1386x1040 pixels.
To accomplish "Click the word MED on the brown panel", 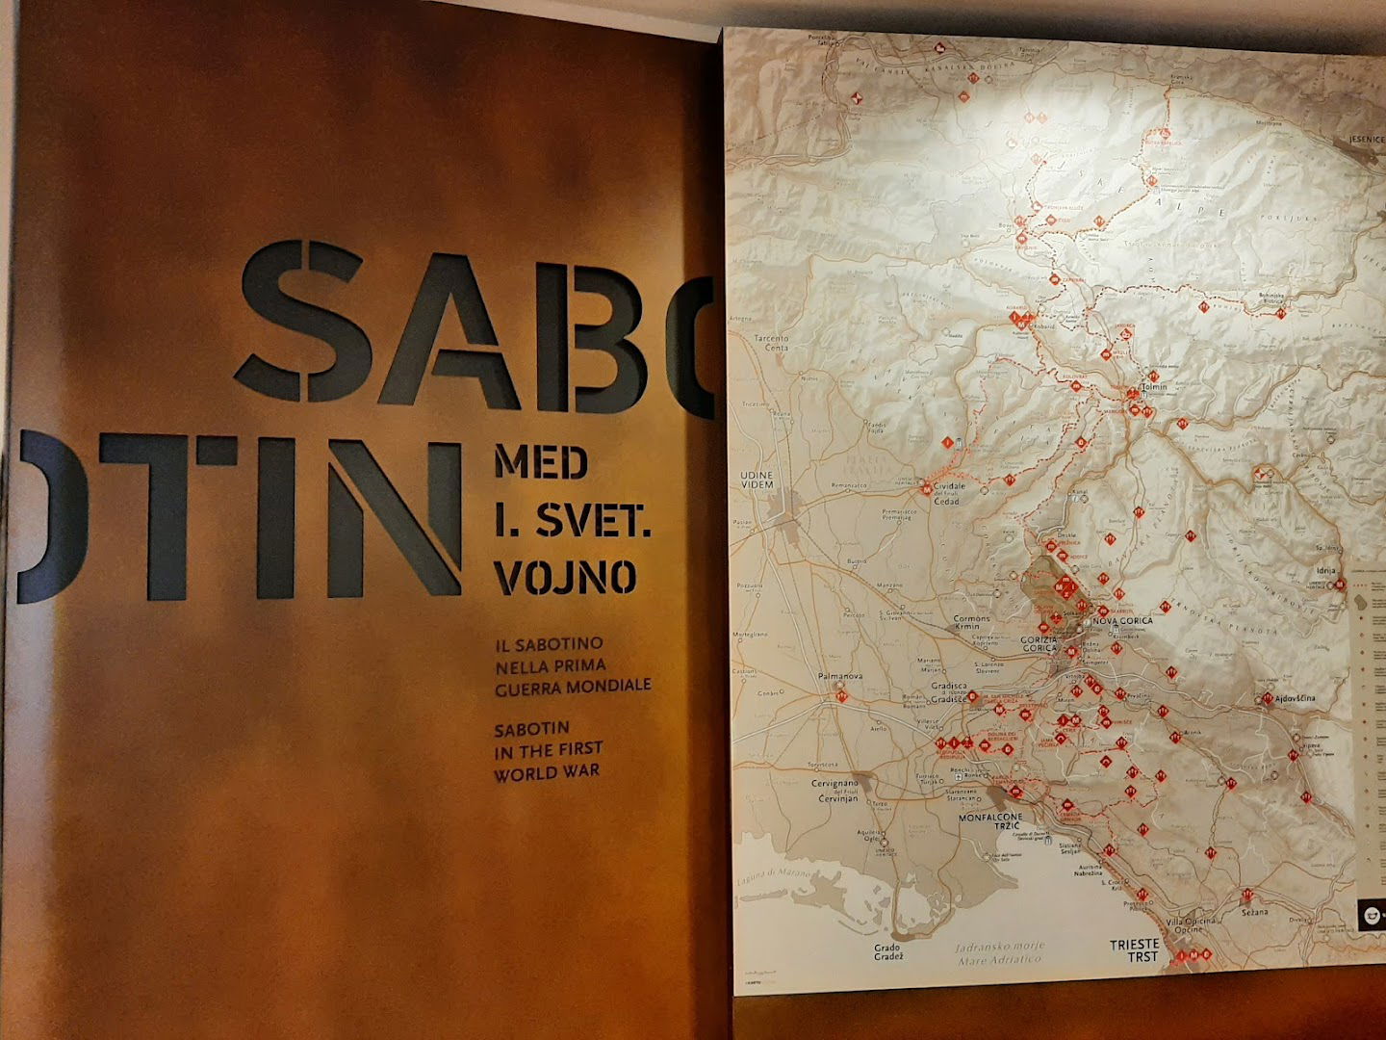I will tap(540, 463).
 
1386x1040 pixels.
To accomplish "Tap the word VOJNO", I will tap(565, 577).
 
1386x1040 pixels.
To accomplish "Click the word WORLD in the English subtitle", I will tap(526, 771).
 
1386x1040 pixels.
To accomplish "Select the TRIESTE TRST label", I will tap(1134, 949).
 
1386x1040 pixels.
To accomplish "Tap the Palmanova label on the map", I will tap(839, 676).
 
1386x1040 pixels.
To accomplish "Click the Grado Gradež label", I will tap(886, 953).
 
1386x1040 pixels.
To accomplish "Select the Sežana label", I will tap(1253, 910).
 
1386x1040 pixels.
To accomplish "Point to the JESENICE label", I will tap(1365, 139).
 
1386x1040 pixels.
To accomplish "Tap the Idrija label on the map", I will tap(1325, 571).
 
